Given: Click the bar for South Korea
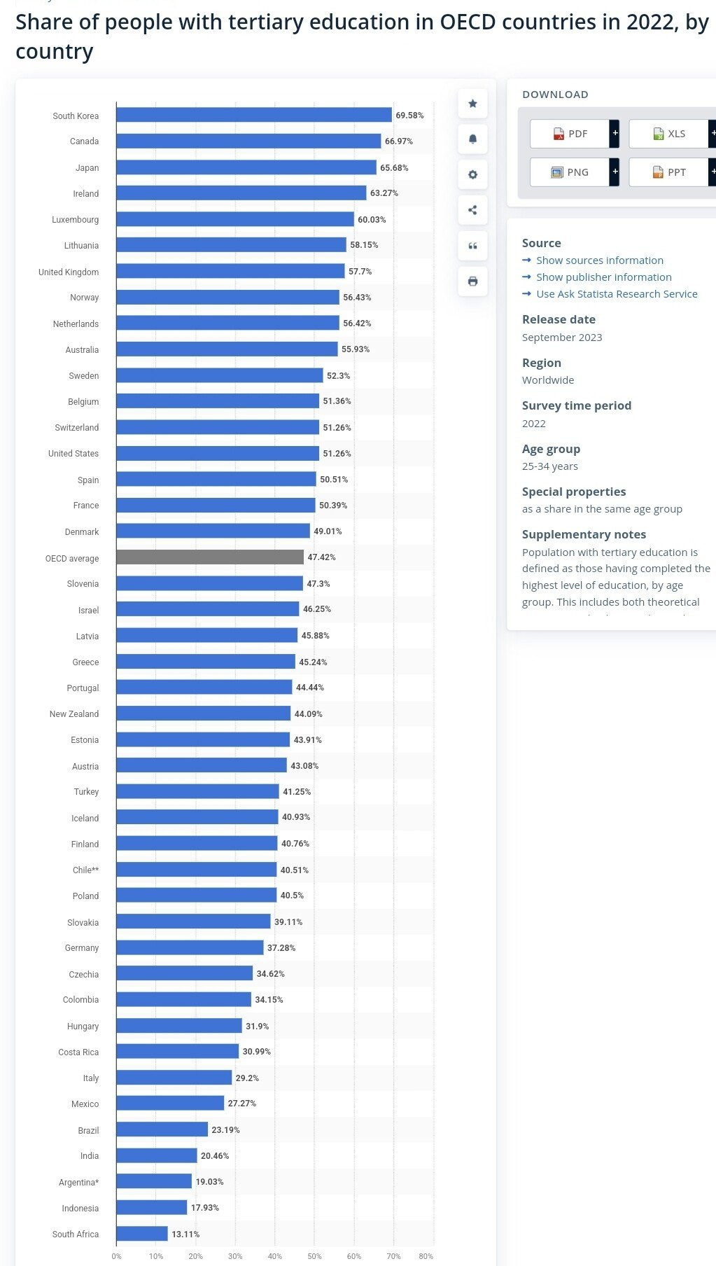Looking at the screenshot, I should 253,115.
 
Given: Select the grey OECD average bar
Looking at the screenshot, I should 210,557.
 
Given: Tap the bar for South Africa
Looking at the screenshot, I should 142,1234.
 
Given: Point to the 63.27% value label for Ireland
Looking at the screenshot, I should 384,193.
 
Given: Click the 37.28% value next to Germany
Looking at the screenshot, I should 281,948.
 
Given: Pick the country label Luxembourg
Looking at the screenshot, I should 75,220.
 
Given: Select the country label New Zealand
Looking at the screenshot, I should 73,714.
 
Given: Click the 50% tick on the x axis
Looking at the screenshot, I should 314,1256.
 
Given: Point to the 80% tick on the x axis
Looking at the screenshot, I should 426,1256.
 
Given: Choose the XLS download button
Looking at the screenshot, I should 668,134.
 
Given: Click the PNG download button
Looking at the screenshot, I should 570,172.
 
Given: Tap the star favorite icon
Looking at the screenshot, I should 472,104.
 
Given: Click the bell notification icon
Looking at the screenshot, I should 472,139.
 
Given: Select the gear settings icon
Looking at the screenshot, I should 472,174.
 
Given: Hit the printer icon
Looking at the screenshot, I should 472,281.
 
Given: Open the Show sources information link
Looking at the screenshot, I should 599,260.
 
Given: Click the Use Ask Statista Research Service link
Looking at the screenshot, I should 616,294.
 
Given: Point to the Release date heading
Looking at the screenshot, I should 559,319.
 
